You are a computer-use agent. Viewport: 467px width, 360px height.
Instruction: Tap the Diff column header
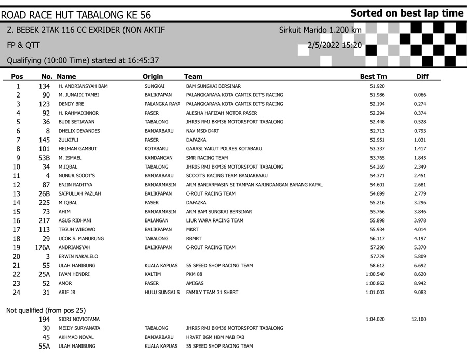point(422,77)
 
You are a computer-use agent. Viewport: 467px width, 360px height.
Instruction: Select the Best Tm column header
point(373,77)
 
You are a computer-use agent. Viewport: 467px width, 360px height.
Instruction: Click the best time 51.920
point(377,86)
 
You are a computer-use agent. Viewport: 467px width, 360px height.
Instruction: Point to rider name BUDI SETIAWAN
point(76,122)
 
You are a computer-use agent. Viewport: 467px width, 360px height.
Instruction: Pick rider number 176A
point(43,247)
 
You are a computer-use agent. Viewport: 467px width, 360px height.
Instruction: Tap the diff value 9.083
point(419,293)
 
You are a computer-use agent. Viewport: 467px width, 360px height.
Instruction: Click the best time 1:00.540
point(375,274)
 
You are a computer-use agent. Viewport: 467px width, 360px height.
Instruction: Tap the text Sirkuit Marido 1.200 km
point(320,30)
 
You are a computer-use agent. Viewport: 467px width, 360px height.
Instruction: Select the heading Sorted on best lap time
point(406,13)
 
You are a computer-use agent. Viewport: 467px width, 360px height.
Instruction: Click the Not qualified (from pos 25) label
point(46,310)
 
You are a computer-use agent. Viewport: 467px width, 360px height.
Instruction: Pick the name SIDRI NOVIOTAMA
point(79,320)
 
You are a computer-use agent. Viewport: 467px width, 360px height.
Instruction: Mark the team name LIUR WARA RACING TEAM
point(214,220)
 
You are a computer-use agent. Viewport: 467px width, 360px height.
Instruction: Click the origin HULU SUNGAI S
point(162,293)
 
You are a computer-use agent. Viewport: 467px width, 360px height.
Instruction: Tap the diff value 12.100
point(419,320)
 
